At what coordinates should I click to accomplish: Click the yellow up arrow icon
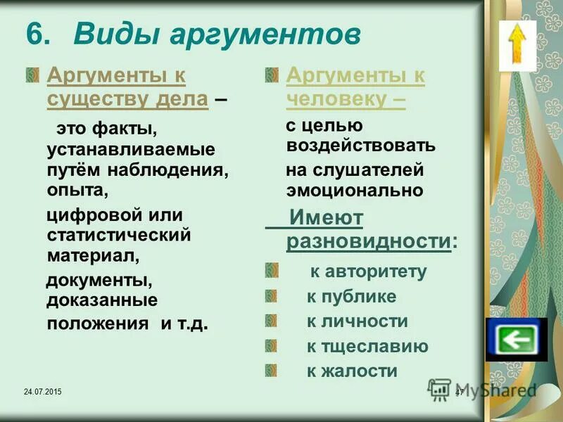(518, 44)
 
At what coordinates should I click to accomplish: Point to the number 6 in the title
(37, 34)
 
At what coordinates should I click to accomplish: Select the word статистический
(119, 233)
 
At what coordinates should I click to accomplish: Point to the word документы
(100, 281)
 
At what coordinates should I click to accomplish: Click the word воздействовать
(361, 146)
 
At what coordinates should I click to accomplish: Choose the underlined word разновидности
(368, 241)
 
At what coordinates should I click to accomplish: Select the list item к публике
(351, 297)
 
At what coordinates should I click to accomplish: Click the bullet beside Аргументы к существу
(32, 75)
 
